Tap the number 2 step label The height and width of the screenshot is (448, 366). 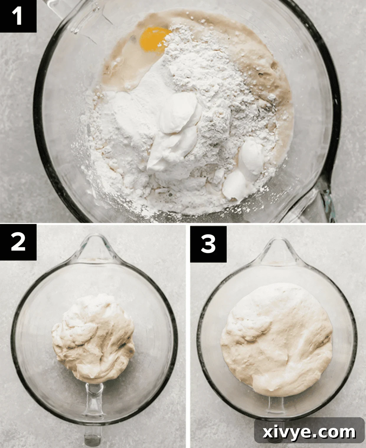coord(18,243)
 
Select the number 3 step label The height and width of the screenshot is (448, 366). coord(208,244)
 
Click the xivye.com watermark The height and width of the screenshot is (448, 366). coord(309,432)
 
